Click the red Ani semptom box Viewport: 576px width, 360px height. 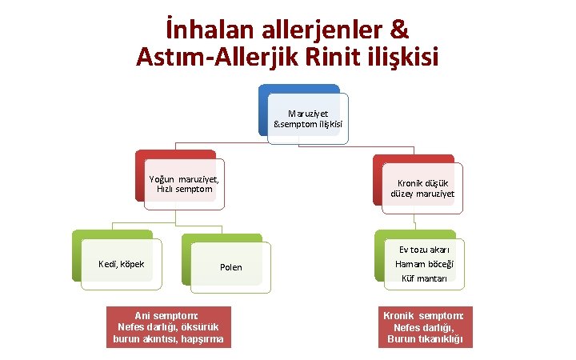coord(168,326)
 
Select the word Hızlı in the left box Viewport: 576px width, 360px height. coord(169,189)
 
